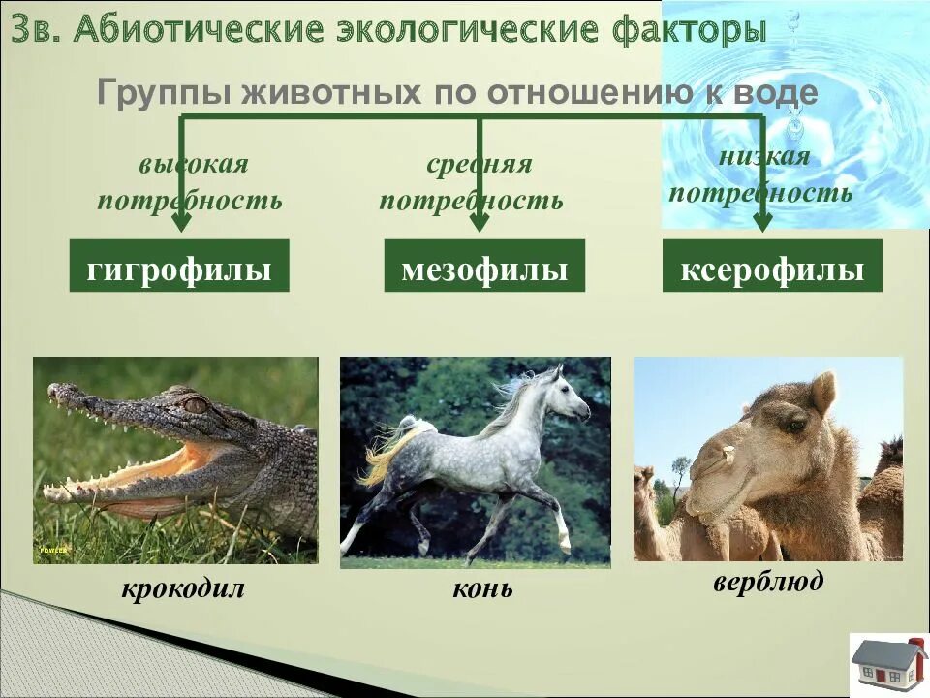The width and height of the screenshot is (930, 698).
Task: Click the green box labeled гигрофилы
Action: tap(179, 267)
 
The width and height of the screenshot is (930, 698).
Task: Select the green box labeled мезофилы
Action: tap(484, 267)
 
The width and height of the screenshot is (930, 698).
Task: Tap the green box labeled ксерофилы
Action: tap(772, 267)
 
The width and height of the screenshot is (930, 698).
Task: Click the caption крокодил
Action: tap(183, 588)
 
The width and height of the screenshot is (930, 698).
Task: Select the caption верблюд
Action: tap(768, 582)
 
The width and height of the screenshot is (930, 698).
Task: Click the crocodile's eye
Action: tap(196, 404)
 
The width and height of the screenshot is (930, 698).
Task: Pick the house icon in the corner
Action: tap(888, 664)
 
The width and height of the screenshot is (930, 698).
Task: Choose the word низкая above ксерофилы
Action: tap(764, 157)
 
